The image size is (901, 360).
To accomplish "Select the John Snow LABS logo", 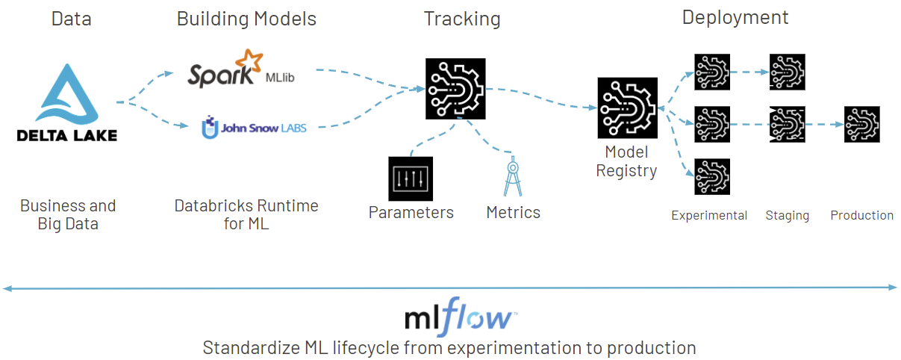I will (x=254, y=128).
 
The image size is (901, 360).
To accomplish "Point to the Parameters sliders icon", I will (x=411, y=179).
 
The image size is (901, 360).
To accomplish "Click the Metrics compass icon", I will (x=513, y=177).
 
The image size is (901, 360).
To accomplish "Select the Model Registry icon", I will (x=627, y=108).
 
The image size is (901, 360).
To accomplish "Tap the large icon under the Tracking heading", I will (x=455, y=88).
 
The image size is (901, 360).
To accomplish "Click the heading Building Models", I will (x=246, y=19).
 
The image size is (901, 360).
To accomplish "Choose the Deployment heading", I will (x=735, y=17).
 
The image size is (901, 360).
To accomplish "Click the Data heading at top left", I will (x=71, y=19).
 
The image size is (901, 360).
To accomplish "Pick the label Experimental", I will (x=709, y=216).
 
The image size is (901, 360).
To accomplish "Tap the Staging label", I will (x=787, y=216).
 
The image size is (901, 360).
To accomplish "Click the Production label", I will (x=861, y=216).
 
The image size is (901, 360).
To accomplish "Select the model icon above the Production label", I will (x=862, y=124).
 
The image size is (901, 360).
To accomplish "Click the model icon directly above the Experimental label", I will (x=712, y=177).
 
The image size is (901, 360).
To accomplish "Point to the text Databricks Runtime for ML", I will (x=246, y=214).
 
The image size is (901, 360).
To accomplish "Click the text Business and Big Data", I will (x=68, y=214).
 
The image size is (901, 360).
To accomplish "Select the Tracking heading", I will (x=462, y=19).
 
